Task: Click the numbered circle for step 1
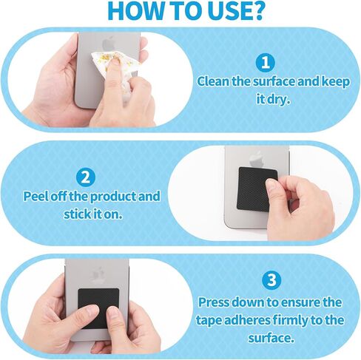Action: pos(265,63)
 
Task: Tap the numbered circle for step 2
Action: pos(85,177)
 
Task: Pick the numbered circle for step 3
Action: pos(271,280)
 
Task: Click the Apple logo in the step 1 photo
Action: pos(108,44)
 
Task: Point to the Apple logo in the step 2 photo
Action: pos(257,160)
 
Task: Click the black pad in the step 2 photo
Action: pos(257,189)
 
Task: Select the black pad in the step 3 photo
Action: pos(98,308)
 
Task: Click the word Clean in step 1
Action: pos(213,81)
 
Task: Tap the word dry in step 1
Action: pos(277,99)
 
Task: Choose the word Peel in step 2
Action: pos(35,196)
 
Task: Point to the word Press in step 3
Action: pos(214,302)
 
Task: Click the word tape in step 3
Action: pos(209,321)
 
